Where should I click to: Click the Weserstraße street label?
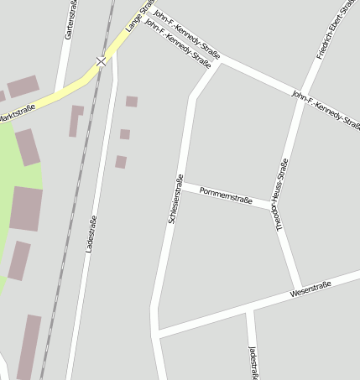(310, 289)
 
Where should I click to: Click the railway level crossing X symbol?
(102, 61)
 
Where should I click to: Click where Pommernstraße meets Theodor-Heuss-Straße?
(275, 204)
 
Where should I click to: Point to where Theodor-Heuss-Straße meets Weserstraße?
(300, 289)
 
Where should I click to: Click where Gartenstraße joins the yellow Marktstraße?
(61, 88)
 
